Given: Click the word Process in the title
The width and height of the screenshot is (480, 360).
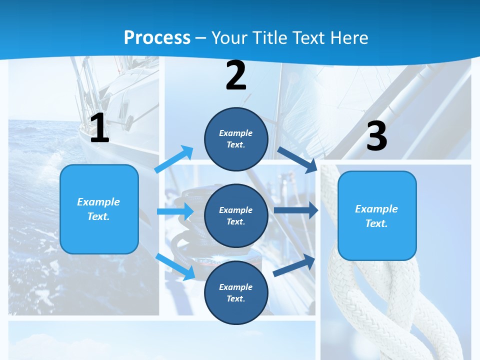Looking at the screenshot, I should coord(157,38).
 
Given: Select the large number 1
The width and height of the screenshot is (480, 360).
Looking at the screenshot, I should coord(99,128).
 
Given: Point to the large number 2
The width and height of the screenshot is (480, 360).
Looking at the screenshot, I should coord(236,75).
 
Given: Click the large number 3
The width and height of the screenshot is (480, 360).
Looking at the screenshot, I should coord(376,136).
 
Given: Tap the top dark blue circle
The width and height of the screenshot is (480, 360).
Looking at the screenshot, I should coord(236,139).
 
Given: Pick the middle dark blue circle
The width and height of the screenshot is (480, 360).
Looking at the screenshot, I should coord(236,216).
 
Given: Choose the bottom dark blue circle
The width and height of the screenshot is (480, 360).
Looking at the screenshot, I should coord(236,292).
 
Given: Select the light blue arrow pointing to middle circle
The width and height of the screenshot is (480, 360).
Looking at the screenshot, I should coord(175,211).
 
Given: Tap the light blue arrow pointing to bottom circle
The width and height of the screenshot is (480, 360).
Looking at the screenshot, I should coord(175,266).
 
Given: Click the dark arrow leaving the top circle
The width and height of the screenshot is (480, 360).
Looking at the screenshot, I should coord(297,159).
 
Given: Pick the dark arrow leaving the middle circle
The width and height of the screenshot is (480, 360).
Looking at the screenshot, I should coord(295,210).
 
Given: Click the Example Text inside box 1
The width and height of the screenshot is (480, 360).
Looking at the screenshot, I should coord(98,209).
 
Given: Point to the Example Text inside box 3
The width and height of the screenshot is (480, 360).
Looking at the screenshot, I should coord(376,216).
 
